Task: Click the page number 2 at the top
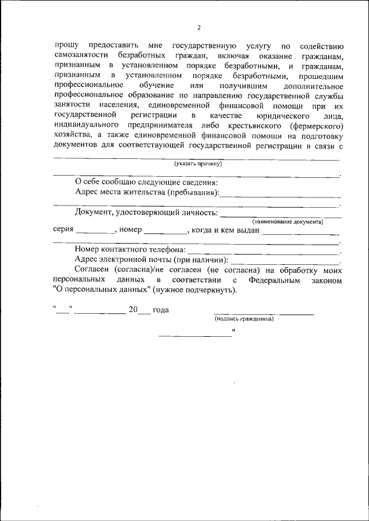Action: tap(199, 27)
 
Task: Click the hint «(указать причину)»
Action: tap(198, 163)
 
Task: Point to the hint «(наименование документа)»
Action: tap(287, 222)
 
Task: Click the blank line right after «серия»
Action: tap(95, 232)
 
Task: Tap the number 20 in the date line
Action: tap(133, 310)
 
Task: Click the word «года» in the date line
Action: tap(160, 310)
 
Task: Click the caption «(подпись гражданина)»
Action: tap(244, 318)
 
